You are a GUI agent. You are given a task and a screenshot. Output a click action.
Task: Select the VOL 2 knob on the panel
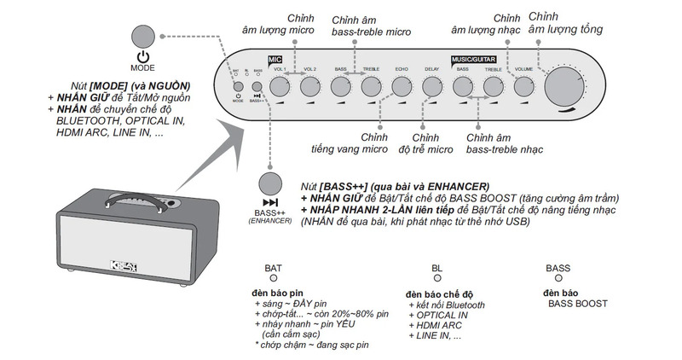[310, 86]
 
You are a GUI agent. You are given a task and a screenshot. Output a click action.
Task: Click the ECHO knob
[402, 86]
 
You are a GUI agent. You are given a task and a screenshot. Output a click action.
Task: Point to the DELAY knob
[431, 86]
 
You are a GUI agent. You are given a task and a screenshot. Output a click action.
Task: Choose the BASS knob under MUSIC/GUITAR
[463, 86]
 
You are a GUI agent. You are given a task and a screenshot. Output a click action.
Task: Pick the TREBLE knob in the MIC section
[371, 86]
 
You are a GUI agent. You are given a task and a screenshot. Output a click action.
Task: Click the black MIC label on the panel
[275, 60]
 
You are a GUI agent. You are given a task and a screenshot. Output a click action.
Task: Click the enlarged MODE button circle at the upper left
[142, 39]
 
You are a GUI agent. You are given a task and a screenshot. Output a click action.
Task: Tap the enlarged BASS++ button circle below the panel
[270, 184]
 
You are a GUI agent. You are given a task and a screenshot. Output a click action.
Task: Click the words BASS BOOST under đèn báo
[578, 304]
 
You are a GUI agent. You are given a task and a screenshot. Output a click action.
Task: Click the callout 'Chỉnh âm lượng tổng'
[566, 23]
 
